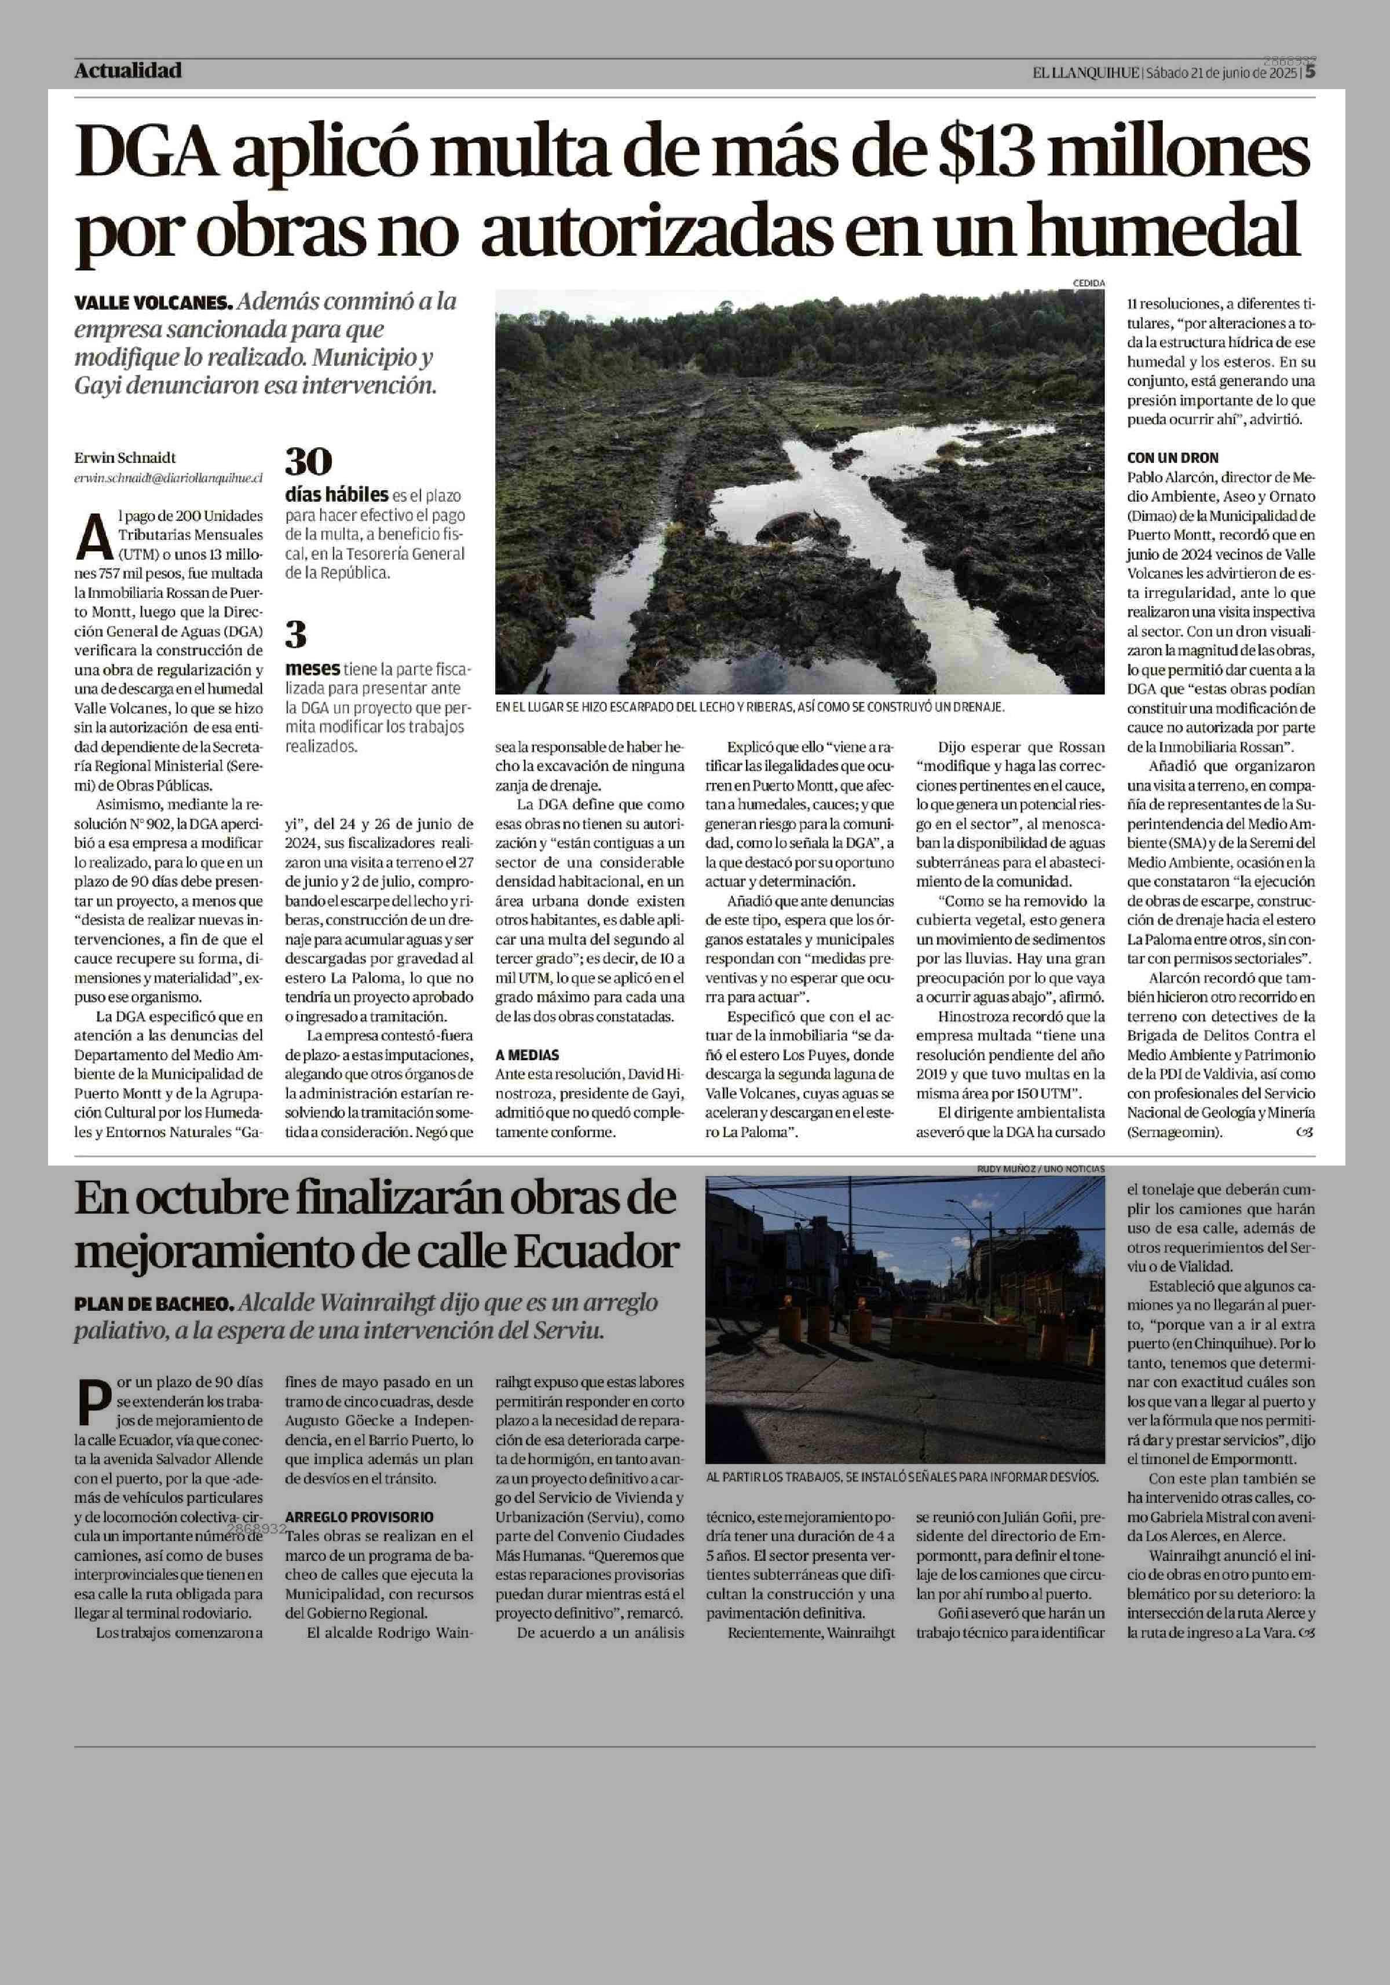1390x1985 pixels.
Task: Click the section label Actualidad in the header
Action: (x=128, y=71)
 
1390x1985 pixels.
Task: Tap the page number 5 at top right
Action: (x=1311, y=72)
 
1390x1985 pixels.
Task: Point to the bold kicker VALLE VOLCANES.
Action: (x=153, y=303)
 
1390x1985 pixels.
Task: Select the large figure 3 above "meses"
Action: (x=296, y=635)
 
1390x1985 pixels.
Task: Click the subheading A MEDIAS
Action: (x=527, y=1055)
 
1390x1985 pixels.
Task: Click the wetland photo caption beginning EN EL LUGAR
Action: (x=749, y=707)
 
